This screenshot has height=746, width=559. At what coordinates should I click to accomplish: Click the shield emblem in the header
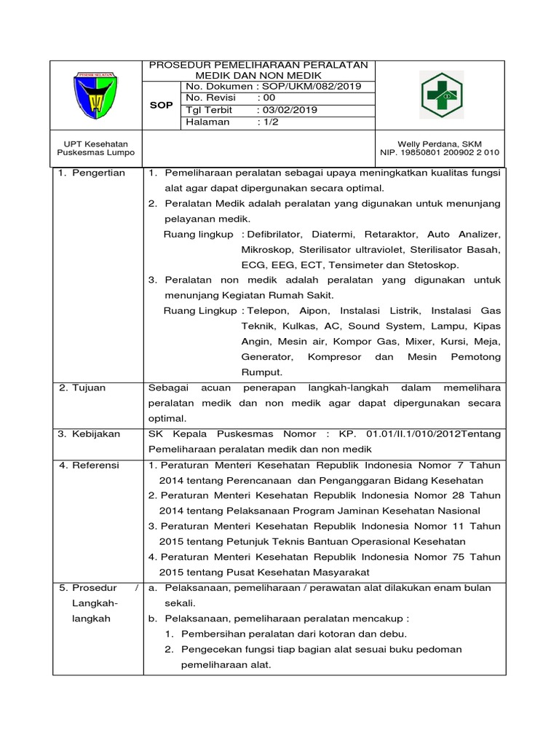pos(98,96)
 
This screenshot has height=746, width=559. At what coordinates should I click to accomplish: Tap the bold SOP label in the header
pos(161,105)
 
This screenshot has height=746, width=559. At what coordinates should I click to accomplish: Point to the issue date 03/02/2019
pos(288,110)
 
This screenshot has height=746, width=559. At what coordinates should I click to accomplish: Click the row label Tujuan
pos(88,388)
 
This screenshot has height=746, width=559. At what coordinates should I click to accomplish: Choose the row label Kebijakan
pos(95,434)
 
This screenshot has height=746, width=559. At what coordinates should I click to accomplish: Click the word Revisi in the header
pos(218,98)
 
